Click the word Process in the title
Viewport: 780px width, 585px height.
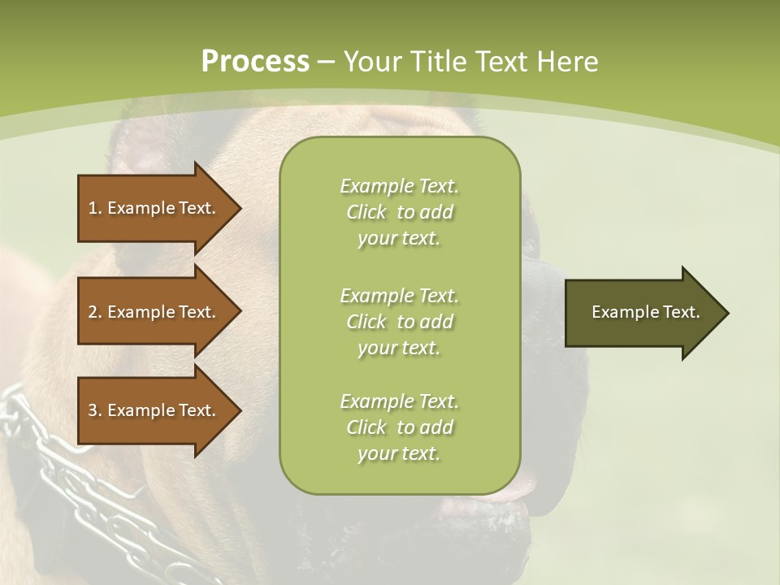(x=255, y=62)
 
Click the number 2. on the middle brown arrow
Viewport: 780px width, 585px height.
(x=95, y=312)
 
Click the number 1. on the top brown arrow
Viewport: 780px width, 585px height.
(x=95, y=208)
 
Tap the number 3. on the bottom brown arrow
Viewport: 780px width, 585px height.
(x=95, y=410)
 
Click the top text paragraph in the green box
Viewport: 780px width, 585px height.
(x=399, y=212)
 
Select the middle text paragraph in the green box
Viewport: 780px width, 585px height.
(x=399, y=322)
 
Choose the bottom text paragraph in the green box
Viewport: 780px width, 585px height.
(x=399, y=427)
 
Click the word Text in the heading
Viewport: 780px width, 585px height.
(x=500, y=62)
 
